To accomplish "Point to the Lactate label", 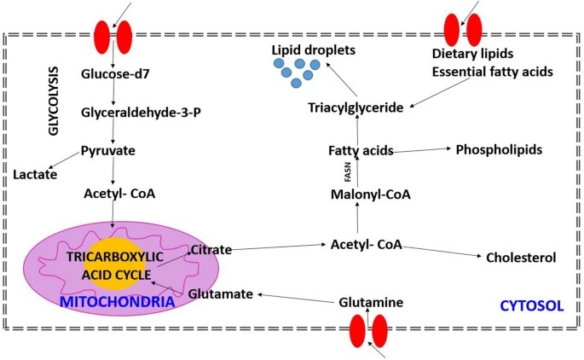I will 35,175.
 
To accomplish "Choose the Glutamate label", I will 220,293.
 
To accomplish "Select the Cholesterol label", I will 521,258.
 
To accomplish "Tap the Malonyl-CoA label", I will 371,195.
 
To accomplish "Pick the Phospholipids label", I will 500,148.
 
